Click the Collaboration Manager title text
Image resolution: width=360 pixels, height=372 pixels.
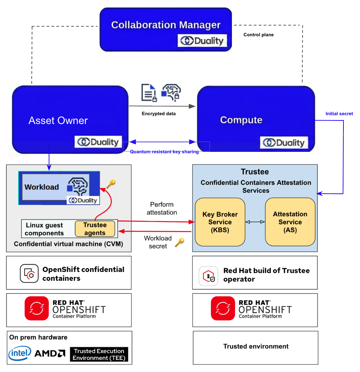pyautogui.click(x=166, y=25)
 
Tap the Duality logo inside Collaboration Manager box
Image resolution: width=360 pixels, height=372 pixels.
pyautogui.click(x=202, y=41)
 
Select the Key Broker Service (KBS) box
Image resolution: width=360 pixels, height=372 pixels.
pyautogui.click(x=220, y=222)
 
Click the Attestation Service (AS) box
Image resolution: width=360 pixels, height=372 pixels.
pyautogui.click(x=290, y=222)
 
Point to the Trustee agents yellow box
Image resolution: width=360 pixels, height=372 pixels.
pyautogui.click(x=95, y=229)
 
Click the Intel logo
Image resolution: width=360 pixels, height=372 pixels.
pyautogui.click(x=20, y=353)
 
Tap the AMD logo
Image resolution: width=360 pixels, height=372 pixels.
pyautogui.click(x=50, y=353)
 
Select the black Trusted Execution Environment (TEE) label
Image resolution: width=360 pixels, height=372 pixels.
pyautogui.click(x=99, y=354)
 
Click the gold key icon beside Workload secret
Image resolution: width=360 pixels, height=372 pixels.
pyautogui.click(x=180, y=243)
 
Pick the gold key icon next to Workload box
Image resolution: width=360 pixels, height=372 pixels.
pyautogui.click(x=111, y=184)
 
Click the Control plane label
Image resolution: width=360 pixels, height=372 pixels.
pyautogui.click(x=259, y=35)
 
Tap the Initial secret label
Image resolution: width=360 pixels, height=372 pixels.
pyautogui.click(x=339, y=114)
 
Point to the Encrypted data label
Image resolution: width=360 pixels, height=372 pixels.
pyautogui.click(x=159, y=114)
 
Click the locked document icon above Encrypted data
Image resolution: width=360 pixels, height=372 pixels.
pyautogui.click(x=149, y=93)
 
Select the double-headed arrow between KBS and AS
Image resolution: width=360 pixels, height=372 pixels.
pyautogui.click(x=255, y=222)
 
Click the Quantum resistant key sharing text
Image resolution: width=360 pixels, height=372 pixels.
pyautogui.click(x=165, y=151)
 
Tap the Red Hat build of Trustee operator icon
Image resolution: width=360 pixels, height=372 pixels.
pyautogui.click(x=208, y=276)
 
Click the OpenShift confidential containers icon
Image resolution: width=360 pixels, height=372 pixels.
pyautogui.click(x=29, y=273)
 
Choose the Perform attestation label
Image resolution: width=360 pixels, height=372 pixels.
pyautogui.click(x=162, y=208)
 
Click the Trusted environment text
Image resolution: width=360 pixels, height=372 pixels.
pyautogui.click(x=256, y=346)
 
